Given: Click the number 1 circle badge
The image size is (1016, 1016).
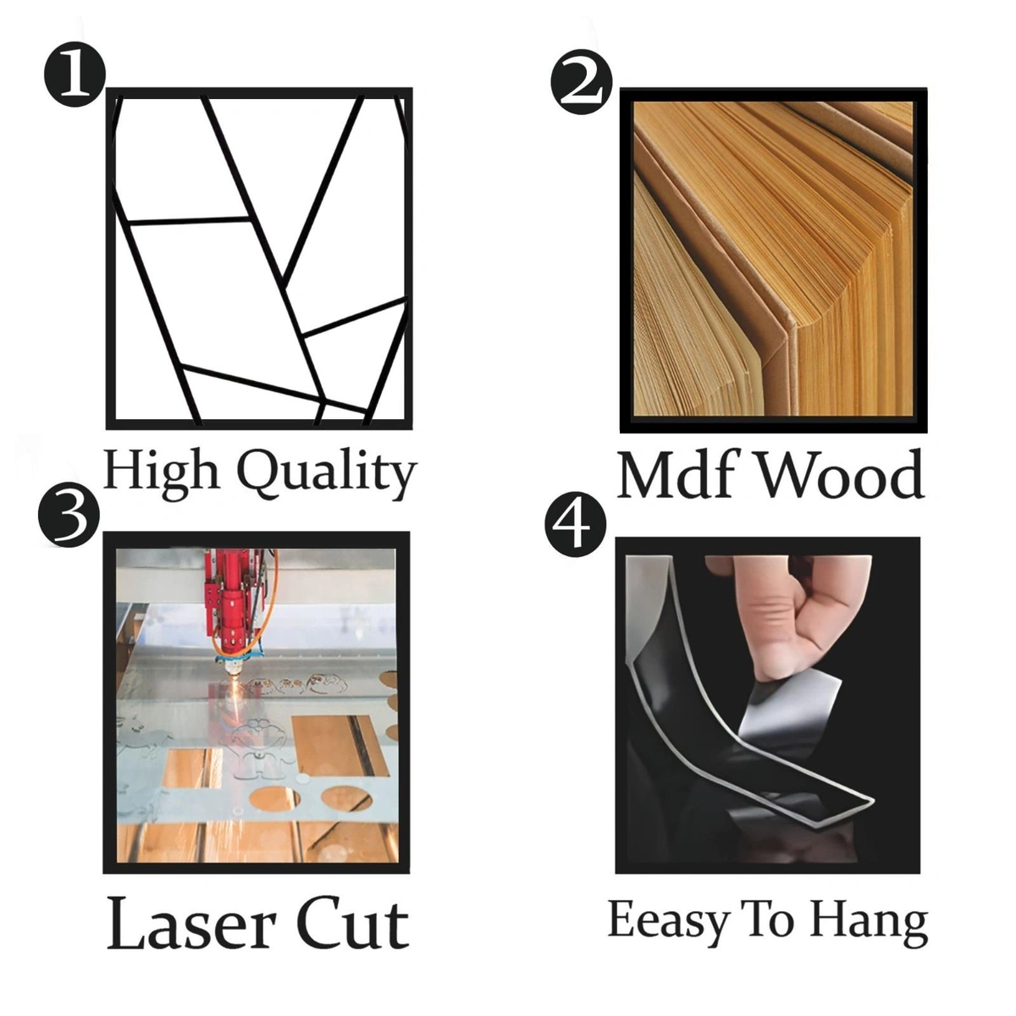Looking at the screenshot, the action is point(75,75).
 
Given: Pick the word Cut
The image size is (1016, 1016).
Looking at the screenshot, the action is point(353,926).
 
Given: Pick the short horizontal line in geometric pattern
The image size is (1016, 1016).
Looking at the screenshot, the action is point(188,219).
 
